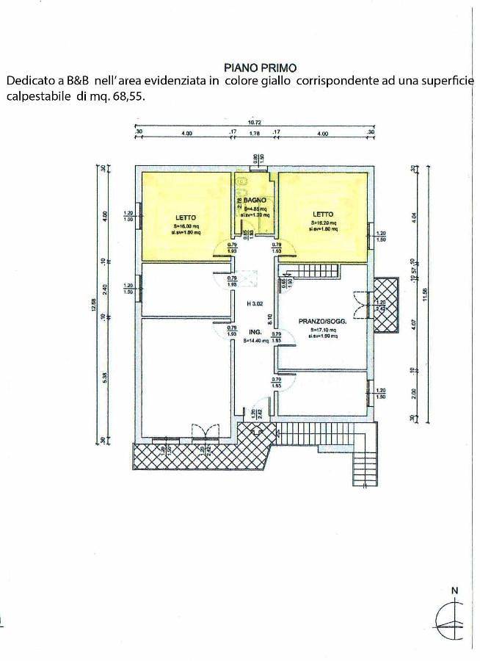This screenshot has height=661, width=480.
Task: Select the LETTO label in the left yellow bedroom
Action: pos(185,217)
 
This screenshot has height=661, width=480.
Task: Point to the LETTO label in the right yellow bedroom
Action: pos(323,214)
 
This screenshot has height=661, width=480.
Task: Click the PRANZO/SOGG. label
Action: pos(323,321)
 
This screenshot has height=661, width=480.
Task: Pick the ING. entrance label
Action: pos(255,331)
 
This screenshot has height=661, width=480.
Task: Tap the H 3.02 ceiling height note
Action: pos(255,303)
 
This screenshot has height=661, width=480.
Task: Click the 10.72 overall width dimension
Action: pos(255,123)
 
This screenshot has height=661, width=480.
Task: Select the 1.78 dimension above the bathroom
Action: pos(255,134)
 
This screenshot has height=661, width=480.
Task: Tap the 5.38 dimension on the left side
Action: pos(105,378)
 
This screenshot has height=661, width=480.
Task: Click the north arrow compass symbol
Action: pos(453,620)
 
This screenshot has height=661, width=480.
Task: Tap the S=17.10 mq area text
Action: pos(323,330)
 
